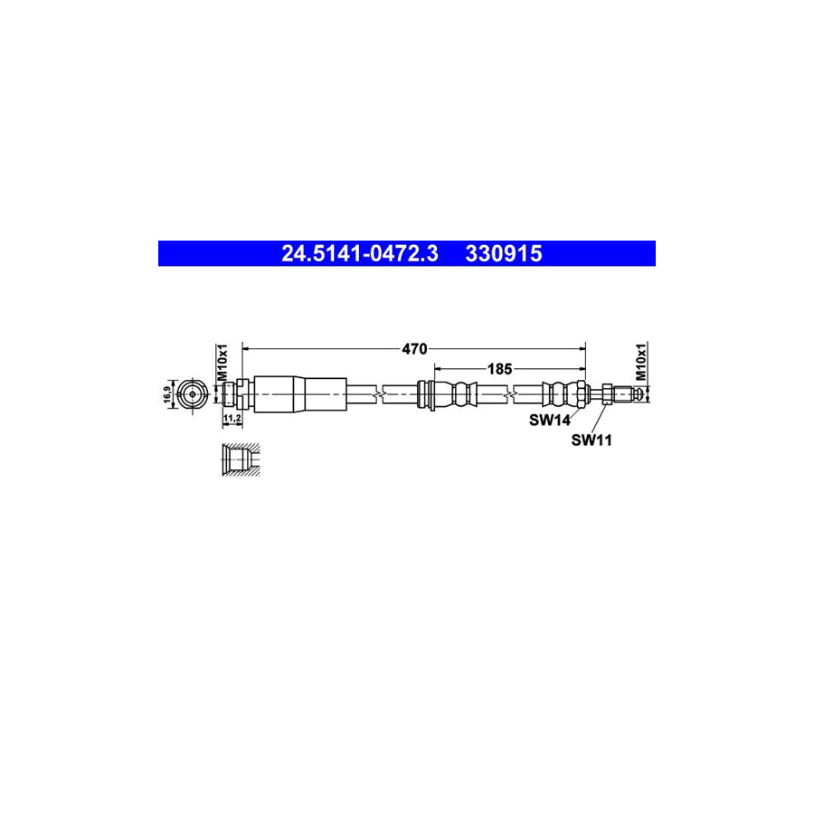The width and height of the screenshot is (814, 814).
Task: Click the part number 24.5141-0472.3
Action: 359,254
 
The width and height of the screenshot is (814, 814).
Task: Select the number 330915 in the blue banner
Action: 504,254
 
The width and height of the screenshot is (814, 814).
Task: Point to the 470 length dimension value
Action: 415,348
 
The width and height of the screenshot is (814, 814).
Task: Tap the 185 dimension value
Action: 499,368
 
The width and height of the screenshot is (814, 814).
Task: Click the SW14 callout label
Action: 549,420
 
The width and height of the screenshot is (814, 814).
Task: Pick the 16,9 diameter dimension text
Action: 167,395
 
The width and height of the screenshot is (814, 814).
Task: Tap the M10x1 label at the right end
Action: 641,362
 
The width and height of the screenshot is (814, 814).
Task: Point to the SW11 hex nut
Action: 606,394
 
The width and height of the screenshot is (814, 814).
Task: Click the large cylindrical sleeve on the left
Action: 299,394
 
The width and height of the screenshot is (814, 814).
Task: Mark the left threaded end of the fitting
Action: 230,394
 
